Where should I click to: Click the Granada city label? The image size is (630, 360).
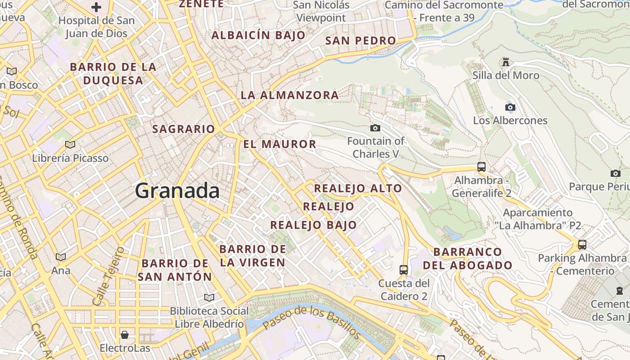[x=177, y=191]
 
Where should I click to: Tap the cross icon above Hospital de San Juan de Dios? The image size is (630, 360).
[x=96, y=7]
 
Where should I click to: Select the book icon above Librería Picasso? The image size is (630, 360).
[x=70, y=144]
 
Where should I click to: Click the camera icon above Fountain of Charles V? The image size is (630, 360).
[x=375, y=128]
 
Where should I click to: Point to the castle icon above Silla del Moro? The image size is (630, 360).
[x=506, y=62]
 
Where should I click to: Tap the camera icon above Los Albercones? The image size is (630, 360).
[x=510, y=107]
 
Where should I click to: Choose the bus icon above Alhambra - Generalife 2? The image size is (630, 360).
[x=481, y=167]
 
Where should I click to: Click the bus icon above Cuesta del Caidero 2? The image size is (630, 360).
[x=404, y=270]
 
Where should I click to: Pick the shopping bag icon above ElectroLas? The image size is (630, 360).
[x=125, y=335]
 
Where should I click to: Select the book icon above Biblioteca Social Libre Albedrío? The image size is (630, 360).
[x=209, y=297]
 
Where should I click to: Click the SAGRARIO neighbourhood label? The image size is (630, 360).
[x=184, y=129]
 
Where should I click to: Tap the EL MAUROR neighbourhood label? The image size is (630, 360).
[x=280, y=144]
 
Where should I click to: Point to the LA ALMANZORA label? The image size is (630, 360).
[x=290, y=95]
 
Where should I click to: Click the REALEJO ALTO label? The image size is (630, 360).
[x=358, y=188]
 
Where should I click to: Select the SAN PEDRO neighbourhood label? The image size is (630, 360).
[x=360, y=40]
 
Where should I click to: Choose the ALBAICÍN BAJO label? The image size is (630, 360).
[x=258, y=35]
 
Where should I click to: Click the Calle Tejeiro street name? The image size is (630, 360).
[x=108, y=276]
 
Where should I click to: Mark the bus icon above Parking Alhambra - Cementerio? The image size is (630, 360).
[x=582, y=245]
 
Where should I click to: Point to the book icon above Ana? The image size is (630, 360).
[x=61, y=257]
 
